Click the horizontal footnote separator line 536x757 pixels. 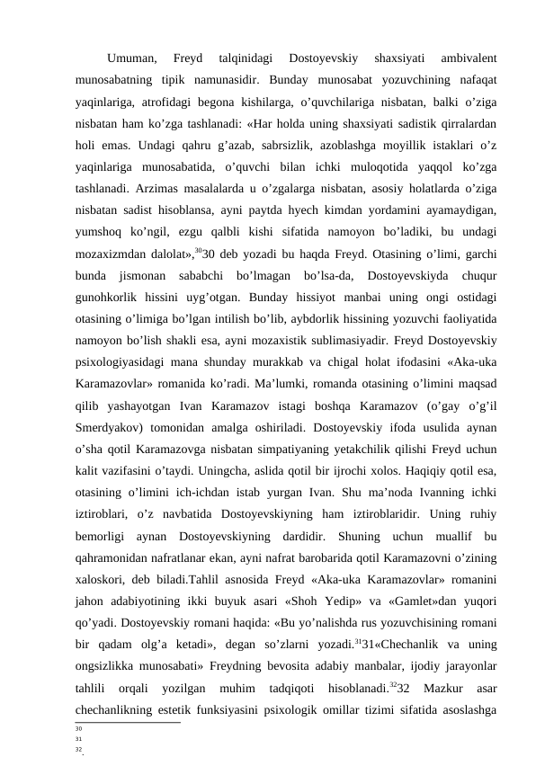(x=127, y=722)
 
